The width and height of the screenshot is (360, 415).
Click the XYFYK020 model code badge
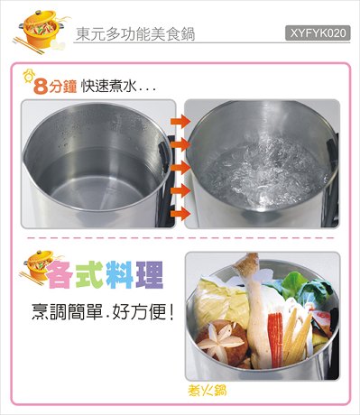318,33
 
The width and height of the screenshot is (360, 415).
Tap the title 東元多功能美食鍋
135,33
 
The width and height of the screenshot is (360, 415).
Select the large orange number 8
41,88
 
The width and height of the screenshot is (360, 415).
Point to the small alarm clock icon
29,76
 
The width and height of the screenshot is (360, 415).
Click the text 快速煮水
107,87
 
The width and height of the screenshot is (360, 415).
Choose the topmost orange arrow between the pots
180,121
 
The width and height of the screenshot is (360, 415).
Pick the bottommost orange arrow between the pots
180,214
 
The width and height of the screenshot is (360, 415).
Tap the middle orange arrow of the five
180,168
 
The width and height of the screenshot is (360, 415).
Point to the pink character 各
60,274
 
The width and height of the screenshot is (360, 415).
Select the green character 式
89,274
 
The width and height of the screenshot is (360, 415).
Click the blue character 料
119,274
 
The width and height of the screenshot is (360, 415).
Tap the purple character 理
149,274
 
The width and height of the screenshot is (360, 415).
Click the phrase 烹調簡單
67,312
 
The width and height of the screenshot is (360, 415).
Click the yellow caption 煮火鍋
208,391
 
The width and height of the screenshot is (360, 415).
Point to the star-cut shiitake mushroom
222,340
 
